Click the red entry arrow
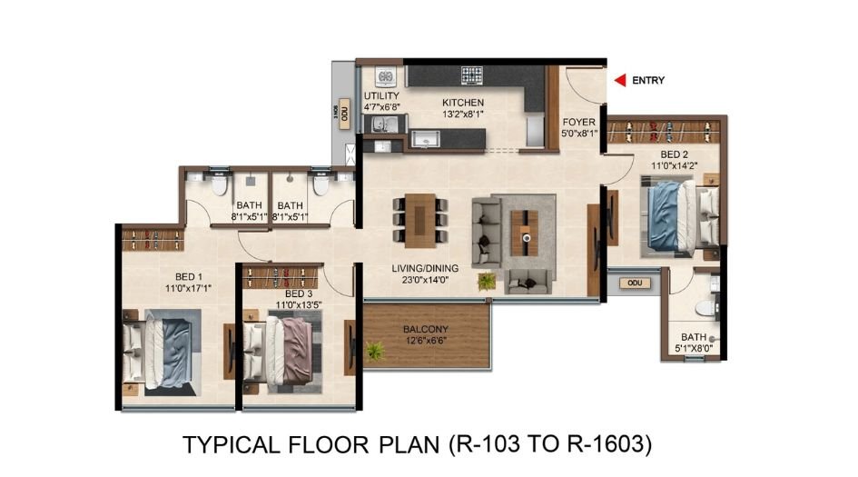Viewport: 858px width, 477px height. coord(620,81)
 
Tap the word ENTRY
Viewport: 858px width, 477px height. coord(648,81)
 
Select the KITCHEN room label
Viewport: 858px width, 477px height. coord(462,103)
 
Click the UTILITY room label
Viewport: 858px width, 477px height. coord(381,96)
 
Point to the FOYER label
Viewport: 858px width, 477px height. coord(578,122)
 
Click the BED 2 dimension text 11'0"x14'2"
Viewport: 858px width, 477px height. coord(673,165)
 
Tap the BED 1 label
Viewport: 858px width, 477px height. coord(188,276)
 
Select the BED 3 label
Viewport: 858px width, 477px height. coord(299,294)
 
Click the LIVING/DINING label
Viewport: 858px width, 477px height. coord(425,268)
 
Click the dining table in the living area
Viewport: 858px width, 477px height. coord(420,219)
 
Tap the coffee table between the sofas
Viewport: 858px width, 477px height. coord(525,233)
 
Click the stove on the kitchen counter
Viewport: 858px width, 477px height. coord(471,75)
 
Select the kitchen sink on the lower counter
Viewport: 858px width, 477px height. coord(423,139)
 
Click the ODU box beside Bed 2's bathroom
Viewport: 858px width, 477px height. coord(634,283)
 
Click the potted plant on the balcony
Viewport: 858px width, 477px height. coord(373,350)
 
